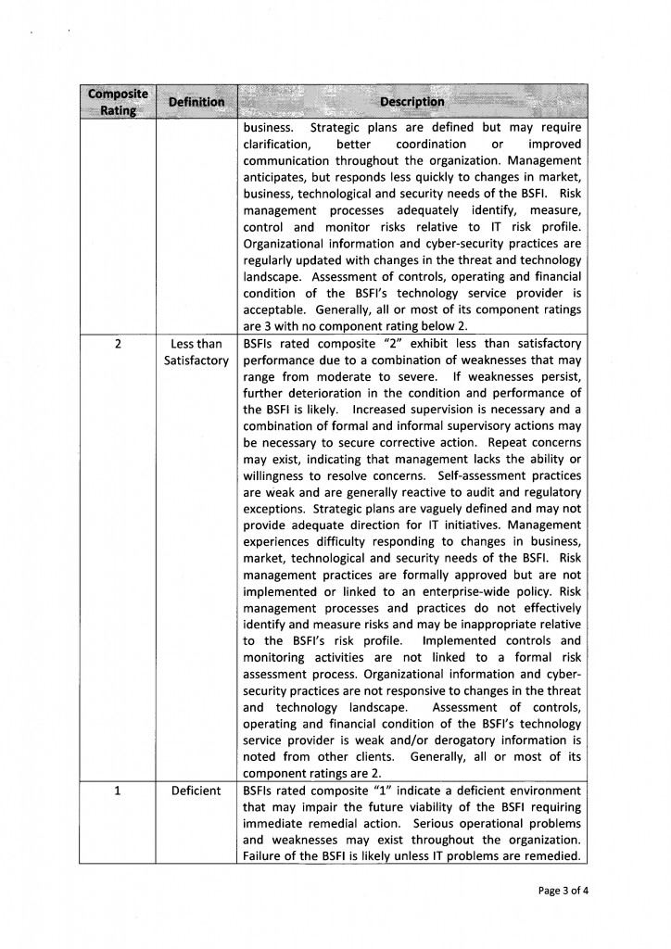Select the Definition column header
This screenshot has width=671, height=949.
pyautogui.click(x=196, y=102)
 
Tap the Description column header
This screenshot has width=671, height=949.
pyautogui.click(x=416, y=102)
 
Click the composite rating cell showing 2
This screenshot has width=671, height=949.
pyautogui.click(x=117, y=343)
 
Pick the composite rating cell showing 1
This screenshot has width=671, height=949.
pyautogui.click(x=117, y=791)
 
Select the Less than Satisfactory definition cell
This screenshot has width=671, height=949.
pyautogui.click(x=196, y=351)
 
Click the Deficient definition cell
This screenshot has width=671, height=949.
pyautogui.click(x=196, y=791)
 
